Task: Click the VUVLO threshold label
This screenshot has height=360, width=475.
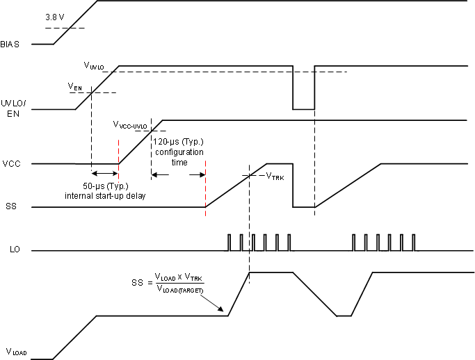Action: pyautogui.click(x=94, y=66)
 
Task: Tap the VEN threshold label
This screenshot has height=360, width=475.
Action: pyautogui.click(x=75, y=86)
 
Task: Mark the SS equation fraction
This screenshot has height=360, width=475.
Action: pyautogui.click(x=179, y=284)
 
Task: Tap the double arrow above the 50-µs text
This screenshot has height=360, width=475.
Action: pyautogui.click(x=104, y=174)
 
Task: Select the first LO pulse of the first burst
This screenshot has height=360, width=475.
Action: pyautogui.click(x=230, y=242)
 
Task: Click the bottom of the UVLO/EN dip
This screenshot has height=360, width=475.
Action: pyautogui.click(x=303, y=109)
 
